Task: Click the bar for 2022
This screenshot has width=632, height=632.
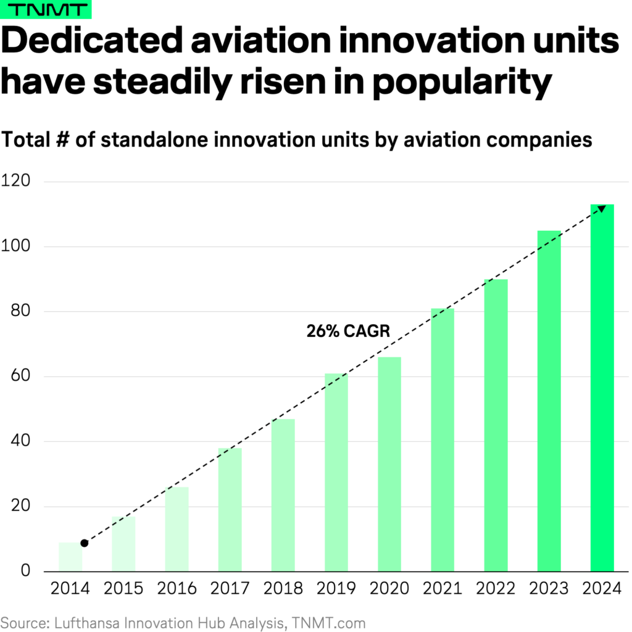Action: [496, 425]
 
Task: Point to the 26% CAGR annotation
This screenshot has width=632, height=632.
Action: [348, 331]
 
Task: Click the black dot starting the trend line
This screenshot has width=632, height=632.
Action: [84, 543]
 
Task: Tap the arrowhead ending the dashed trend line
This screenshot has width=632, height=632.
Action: [602, 209]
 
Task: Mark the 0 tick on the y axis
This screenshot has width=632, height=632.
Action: [24, 572]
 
